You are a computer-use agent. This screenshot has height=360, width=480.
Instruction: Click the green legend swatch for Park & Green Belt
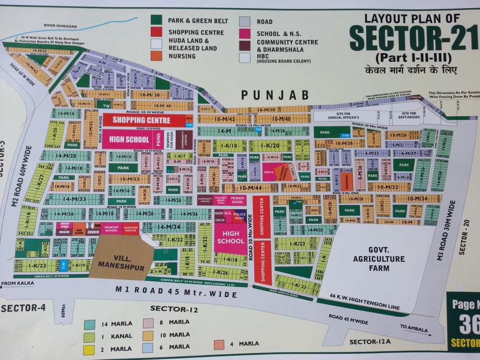156,21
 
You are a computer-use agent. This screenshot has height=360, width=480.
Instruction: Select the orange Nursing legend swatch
156,56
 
